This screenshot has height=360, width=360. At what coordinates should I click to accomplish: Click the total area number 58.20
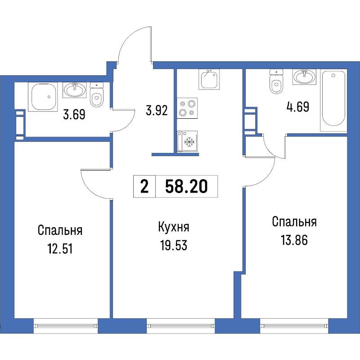click(186, 186)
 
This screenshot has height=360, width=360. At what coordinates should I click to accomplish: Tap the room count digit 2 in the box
click(144, 186)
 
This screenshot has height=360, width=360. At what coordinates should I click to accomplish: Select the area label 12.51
click(60, 249)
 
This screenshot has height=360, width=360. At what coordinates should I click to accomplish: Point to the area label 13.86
click(294, 240)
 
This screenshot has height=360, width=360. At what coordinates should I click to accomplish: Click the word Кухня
click(174, 227)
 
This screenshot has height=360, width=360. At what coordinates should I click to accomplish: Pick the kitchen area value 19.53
click(174, 245)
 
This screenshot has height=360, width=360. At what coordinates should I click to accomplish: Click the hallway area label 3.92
click(157, 110)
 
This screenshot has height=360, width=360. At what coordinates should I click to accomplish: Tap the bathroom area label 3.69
click(74, 114)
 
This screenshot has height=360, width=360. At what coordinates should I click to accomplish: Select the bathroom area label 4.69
click(298, 107)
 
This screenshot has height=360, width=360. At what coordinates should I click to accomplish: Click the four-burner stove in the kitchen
click(187, 108)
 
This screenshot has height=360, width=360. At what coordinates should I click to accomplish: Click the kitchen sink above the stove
click(209, 79)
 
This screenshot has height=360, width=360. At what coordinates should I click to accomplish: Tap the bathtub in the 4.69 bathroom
click(333, 101)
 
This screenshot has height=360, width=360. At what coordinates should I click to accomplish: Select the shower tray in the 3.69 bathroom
click(43, 97)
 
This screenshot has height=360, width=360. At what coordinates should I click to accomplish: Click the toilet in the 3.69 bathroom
click(97, 94)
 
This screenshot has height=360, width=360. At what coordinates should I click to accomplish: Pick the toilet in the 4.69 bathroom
click(276, 81)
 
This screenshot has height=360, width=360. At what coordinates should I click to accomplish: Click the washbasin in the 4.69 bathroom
click(305, 76)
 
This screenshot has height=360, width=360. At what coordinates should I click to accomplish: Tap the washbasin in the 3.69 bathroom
click(75, 90)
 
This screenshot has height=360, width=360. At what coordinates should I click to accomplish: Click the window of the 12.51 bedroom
click(66, 326)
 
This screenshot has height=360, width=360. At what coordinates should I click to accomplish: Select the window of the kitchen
click(181, 326)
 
